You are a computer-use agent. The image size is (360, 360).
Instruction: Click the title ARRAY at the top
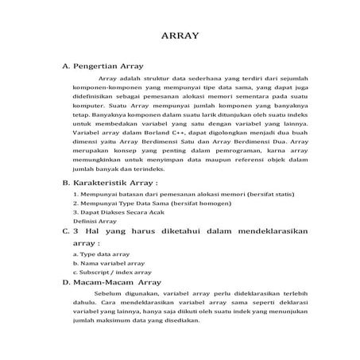coord(180,36)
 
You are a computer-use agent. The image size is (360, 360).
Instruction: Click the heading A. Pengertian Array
coord(108,67)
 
